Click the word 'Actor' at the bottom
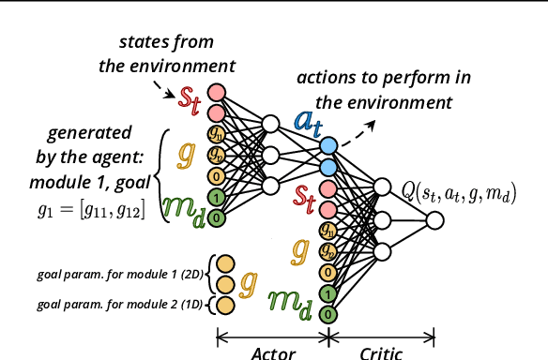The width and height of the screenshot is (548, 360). coord(273,352)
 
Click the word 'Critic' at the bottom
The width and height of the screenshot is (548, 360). coord(381,352)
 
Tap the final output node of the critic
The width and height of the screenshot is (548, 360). coord(434,220)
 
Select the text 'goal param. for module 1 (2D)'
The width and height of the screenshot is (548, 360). coord(118,276)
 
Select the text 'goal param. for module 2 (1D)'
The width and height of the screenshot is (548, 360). coord(118,305)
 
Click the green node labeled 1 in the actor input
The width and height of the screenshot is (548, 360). coord(216,197)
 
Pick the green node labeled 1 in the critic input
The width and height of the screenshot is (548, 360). coord(327,293)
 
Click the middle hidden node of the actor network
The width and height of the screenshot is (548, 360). coord(270,155)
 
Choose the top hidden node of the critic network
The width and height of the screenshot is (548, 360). coord(381,187)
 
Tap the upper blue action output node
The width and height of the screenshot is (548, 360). coord(327,146)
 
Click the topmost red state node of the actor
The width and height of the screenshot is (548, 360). coord(216,92)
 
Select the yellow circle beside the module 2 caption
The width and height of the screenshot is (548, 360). coord(224,305)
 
